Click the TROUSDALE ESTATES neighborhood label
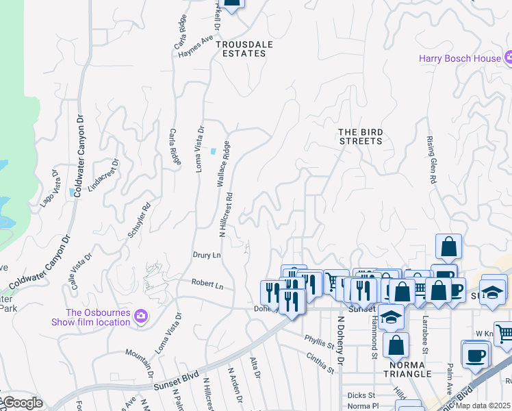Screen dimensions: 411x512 coord(240,49)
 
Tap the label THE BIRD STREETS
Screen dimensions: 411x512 coord(361,136)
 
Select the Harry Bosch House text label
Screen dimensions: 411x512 coord(460,58)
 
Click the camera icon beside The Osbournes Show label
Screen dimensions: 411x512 coord(142,316)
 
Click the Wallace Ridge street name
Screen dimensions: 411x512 coord(222,165)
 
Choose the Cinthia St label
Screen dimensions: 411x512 coord(320,363)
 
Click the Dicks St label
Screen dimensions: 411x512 coord(361,395)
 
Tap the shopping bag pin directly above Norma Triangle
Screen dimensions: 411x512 coord(396,346)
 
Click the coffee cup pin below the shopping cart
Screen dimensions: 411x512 coord(475,356)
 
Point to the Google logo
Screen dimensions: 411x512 coord(23,403)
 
